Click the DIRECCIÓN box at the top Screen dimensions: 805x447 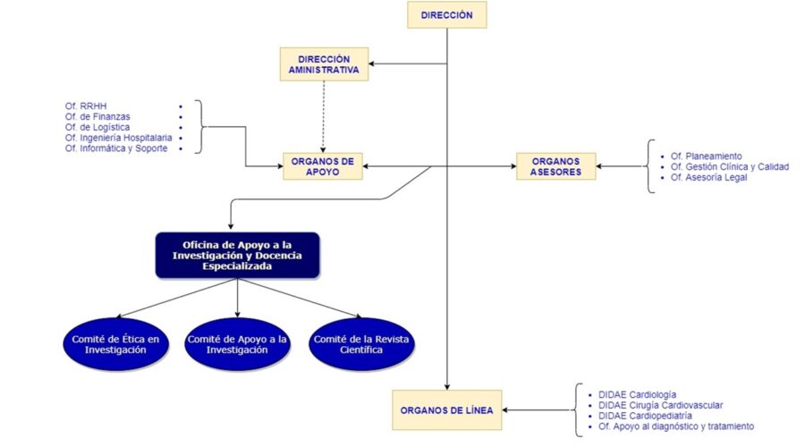pos(446,15)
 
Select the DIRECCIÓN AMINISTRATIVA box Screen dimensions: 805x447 pos(324,64)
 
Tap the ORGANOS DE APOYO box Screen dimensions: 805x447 pos(322,166)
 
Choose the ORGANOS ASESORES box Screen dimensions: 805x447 pos(556,166)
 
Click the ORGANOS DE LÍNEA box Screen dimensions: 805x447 pos(446,410)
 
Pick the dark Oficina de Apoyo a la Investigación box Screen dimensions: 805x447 pos(237,256)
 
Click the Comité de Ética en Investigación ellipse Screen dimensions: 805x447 pos(115,344)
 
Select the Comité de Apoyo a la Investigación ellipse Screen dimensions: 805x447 pos(237,344)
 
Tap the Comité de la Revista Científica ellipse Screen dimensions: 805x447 pos(361,344)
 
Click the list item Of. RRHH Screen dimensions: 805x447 pos(86,106)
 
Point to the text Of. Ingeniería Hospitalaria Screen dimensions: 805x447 pos(119,138)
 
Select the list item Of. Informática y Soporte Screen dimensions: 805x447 pos(116,148)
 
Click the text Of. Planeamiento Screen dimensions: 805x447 pos(706,156)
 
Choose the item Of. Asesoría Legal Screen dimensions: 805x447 pos(708,177)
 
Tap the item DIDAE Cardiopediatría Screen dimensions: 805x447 pos(645,416)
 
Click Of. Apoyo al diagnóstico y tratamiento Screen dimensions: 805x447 pos(676,426)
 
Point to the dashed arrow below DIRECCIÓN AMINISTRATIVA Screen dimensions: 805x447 pos(324,116)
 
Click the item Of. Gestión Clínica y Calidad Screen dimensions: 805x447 pos(730,167)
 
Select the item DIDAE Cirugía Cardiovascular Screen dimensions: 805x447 pos(660,405)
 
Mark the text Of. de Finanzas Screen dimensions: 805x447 pos(97,116)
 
